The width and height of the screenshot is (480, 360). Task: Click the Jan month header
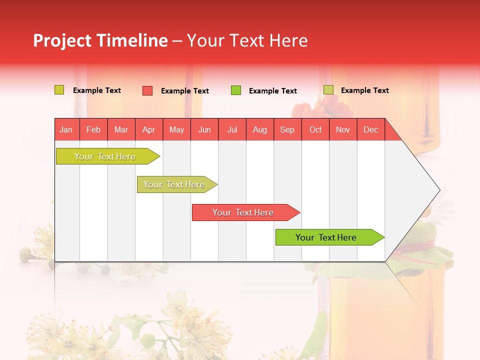pyautogui.click(x=66, y=129)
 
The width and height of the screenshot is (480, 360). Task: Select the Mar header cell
pyautogui.click(x=121, y=129)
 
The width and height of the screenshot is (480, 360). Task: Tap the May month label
pyautogui.click(x=176, y=129)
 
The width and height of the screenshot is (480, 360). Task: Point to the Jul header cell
pyautogui.click(x=232, y=129)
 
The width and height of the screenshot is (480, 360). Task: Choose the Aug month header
pyautogui.click(x=259, y=129)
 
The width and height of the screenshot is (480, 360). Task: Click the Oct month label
pyautogui.click(x=315, y=129)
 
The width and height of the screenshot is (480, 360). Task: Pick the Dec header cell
pyautogui.click(x=370, y=129)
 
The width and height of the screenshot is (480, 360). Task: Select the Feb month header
pyautogui.click(x=93, y=129)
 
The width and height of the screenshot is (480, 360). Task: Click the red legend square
pyautogui.click(x=147, y=90)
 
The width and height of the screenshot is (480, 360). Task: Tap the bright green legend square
pyautogui.click(x=236, y=90)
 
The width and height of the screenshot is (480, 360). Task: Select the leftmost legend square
pyautogui.click(x=59, y=90)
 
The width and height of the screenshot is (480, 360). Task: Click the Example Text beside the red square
pyautogui.click(x=184, y=91)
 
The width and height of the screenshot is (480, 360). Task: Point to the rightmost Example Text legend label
pyautogui.click(x=364, y=90)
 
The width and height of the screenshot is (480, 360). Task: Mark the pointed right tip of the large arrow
pyautogui.click(x=439, y=190)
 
